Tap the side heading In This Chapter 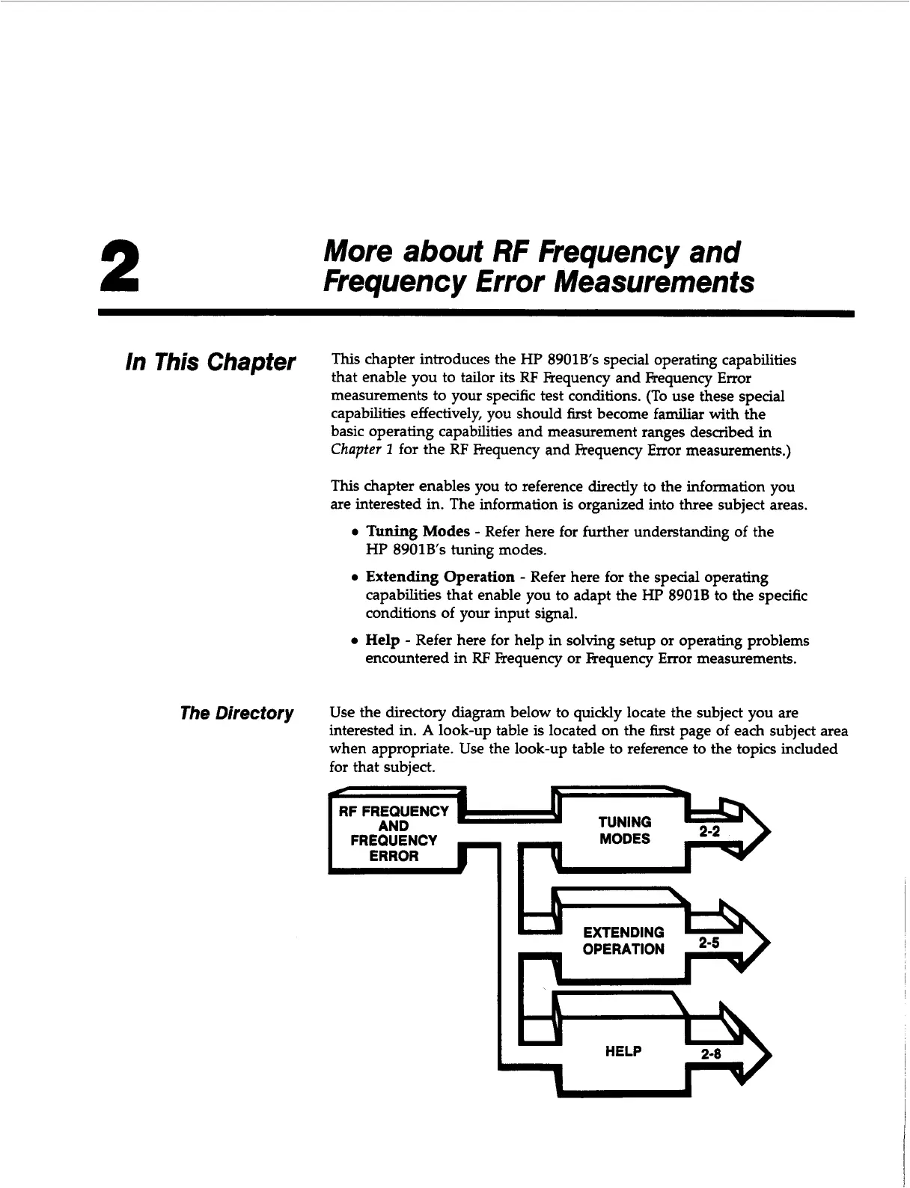[x=210, y=362]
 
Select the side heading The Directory [x=236, y=713]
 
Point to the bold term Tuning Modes [x=418, y=532]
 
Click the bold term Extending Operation [x=439, y=578]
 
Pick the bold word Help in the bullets [x=382, y=641]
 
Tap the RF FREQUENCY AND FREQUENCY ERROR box [x=394, y=833]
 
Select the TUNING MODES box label [x=624, y=830]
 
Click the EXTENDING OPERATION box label [x=623, y=940]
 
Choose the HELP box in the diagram [x=623, y=1052]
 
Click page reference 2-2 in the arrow [x=709, y=832]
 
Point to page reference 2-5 [x=709, y=943]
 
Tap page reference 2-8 [x=711, y=1054]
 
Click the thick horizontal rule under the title [x=476, y=314]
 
